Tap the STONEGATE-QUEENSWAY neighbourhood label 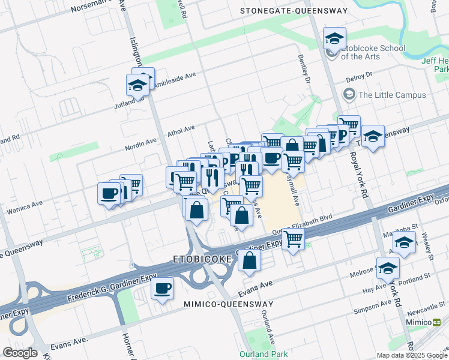[294, 11]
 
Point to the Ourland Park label [264, 354]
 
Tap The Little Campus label [392, 95]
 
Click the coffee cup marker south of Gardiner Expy [162, 289]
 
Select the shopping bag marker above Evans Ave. [249, 260]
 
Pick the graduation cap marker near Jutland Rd [137, 85]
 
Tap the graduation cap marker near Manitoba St [404, 243]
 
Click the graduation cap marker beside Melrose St [388, 268]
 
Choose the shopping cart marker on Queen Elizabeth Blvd [293, 239]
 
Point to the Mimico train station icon [444, 322]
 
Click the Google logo [20, 353]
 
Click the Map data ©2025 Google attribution [411, 355]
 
